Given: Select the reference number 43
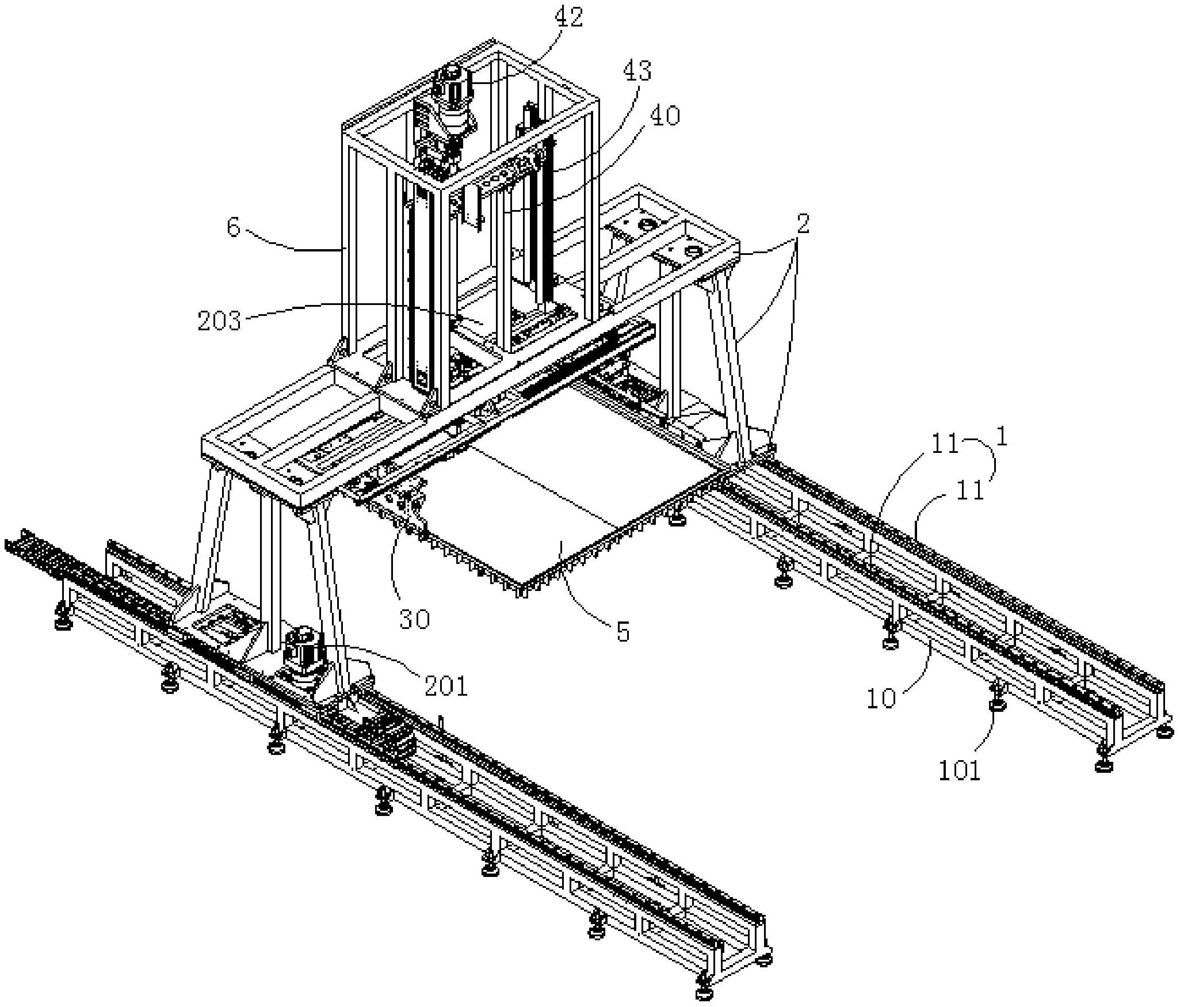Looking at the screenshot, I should (x=636, y=71).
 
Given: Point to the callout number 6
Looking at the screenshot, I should (x=233, y=227).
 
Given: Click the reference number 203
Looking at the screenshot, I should (x=219, y=321).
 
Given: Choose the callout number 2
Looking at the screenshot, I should (x=803, y=223).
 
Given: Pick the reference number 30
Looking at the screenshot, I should (x=414, y=619).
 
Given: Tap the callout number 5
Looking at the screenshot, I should (x=623, y=631).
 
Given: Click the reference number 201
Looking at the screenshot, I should (x=446, y=686).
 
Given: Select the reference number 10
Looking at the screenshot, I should (x=881, y=698).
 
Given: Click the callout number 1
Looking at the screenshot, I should (x=1002, y=438).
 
